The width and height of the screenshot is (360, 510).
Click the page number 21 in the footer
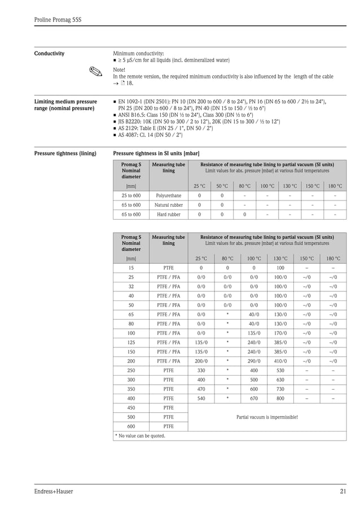[343, 491]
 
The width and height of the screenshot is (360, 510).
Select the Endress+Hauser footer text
[54, 491]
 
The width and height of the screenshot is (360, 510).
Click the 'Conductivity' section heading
[49, 54]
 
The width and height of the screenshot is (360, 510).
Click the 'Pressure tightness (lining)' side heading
[65, 153]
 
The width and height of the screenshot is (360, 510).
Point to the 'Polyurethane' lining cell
[168, 195]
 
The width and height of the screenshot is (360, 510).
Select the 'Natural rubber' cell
[168, 205]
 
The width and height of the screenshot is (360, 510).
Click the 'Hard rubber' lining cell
[168, 215]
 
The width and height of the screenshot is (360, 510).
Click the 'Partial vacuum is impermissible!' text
[266, 417]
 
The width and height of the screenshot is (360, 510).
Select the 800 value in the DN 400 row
[280, 398]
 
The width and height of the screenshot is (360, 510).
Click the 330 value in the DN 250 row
[200, 370]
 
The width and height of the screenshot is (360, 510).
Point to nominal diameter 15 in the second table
[131, 268]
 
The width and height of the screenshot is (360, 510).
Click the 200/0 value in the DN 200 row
[200, 360]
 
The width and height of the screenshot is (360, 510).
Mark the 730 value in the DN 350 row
[280, 389]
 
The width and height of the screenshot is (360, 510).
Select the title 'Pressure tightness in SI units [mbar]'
[156, 153]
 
